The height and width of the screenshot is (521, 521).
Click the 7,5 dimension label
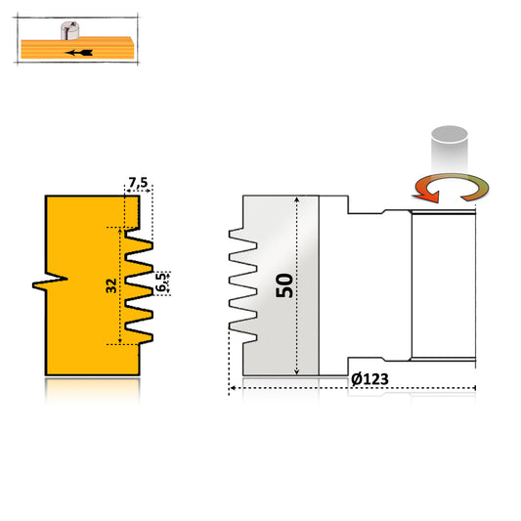click(137, 183)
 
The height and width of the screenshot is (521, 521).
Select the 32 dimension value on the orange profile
click(111, 286)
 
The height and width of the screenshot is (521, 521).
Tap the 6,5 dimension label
click(163, 282)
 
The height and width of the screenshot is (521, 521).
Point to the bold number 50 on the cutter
click(283, 285)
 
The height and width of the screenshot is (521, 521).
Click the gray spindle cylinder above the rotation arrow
click(450, 148)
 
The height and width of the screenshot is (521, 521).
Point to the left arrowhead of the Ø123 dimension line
click(232, 390)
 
